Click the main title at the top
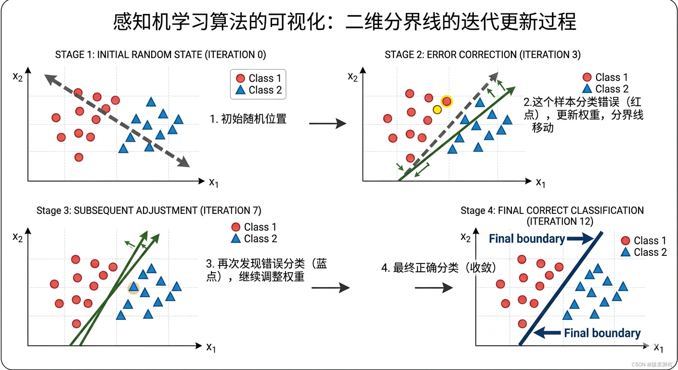pyautogui.click(x=344, y=22)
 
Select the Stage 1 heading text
pyautogui.click(x=160, y=54)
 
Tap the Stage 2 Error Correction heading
pyautogui.click(x=482, y=54)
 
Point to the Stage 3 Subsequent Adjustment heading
pyautogui.click(x=149, y=211)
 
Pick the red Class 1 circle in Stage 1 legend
pyautogui.click(x=240, y=79)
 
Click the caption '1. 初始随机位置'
pyautogui.click(x=248, y=119)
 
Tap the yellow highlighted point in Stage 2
pyautogui.click(x=437, y=110)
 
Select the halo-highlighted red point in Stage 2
pyautogui.click(x=447, y=101)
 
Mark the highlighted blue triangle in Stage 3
pyautogui.click(x=133, y=288)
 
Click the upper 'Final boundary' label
pyautogui.click(x=526, y=238)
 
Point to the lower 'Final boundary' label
pyautogui.click(x=602, y=333)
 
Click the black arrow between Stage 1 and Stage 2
pyautogui.click(x=327, y=124)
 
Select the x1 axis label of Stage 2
pyautogui.click(x=541, y=182)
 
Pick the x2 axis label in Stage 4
pyautogui.click(x=465, y=237)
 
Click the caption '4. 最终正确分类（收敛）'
pyautogui.click(x=438, y=268)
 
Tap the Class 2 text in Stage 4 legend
pyautogui.click(x=650, y=252)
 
